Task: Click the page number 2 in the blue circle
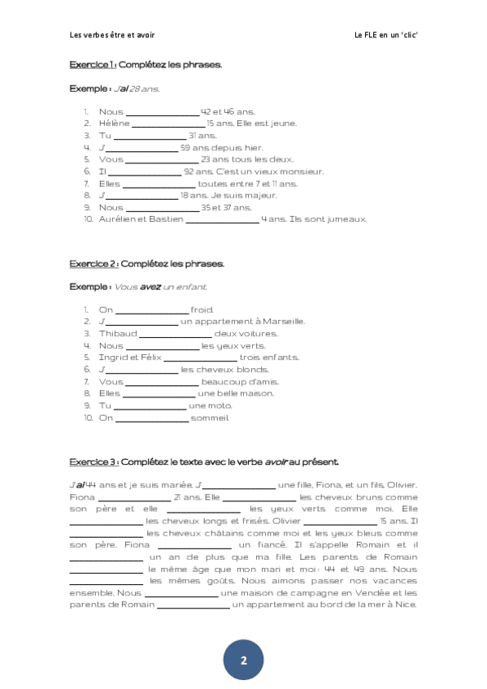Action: (x=243, y=660)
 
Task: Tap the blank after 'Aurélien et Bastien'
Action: (x=222, y=219)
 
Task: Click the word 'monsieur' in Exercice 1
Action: (x=305, y=171)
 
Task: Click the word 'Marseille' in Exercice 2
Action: (x=282, y=322)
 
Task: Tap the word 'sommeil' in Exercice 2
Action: (x=210, y=418)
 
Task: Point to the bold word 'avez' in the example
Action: (x=150, y=287)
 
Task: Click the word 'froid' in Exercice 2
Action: (x=202, y=310)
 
